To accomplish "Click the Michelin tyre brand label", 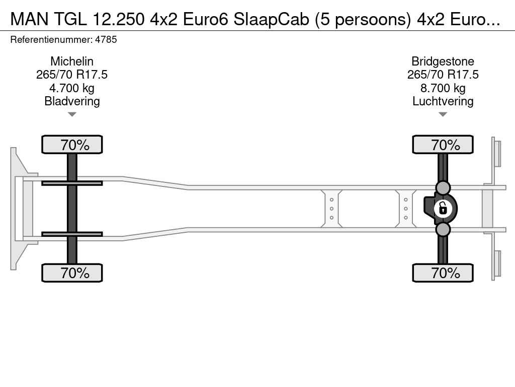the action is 72,61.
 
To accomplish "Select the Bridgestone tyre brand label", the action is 443,61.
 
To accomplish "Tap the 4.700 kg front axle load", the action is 72,88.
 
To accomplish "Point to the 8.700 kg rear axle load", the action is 443,88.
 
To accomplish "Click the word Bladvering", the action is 72,101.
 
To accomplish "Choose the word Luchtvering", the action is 443,101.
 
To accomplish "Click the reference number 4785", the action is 106,39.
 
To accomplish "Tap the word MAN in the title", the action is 29,20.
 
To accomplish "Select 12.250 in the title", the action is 119,20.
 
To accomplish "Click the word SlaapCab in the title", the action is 271,20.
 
